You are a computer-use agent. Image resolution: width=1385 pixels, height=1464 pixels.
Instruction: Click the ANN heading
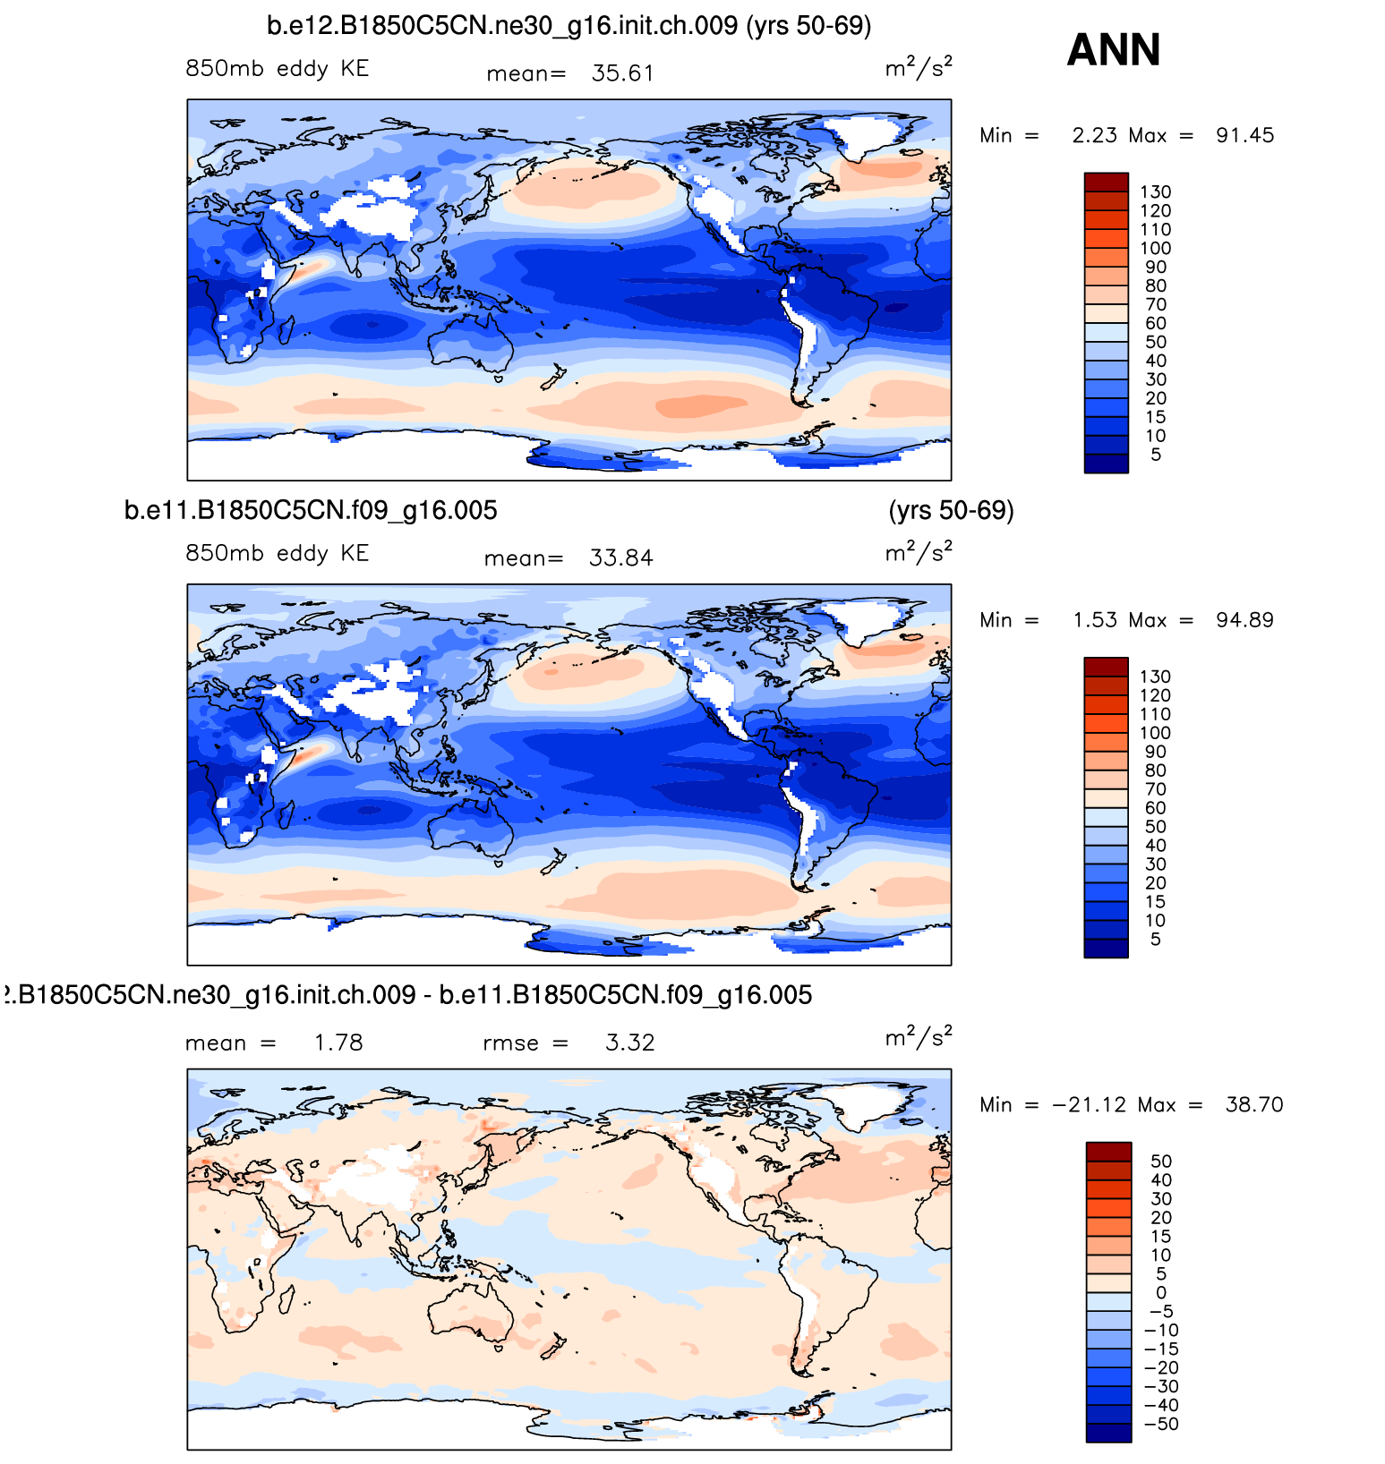[x=1113, y=50]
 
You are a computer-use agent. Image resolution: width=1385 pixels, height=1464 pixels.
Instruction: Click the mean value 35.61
[x=622, y=73]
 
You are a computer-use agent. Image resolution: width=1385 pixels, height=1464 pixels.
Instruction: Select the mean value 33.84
[x=620, y=558]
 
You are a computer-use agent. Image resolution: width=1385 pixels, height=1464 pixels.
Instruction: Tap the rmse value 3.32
[x=629, y=1043]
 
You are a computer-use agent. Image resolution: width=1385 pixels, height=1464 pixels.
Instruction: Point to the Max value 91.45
[x=1244, y=136]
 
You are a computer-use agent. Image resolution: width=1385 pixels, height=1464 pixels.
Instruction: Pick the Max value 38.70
[x=1253, y=1105]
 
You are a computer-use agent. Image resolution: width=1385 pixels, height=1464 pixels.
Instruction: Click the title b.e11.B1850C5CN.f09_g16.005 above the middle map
[x=311, y=511]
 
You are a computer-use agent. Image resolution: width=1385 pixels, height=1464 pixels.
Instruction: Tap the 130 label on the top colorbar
[x=1155, y=192]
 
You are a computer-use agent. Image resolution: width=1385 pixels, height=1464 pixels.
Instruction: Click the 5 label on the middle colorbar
[x=1155, y=940]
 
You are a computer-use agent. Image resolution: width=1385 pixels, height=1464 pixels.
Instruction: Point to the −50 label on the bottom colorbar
[x=1161, y=1425]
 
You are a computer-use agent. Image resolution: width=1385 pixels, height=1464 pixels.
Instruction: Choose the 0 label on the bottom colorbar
[x=1161, y=1293]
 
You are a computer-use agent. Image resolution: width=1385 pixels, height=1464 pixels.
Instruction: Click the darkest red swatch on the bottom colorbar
[x=1108, y=1152]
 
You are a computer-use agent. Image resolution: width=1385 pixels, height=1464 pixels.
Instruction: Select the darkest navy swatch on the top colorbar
[x=1106, y=464]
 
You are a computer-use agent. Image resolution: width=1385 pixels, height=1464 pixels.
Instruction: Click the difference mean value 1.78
[x=338, y=1043]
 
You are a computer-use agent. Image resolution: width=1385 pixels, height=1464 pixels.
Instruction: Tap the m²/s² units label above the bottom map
[x=918, y=1037]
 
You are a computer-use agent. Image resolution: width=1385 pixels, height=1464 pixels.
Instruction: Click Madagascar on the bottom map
[x=288, y=1299]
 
